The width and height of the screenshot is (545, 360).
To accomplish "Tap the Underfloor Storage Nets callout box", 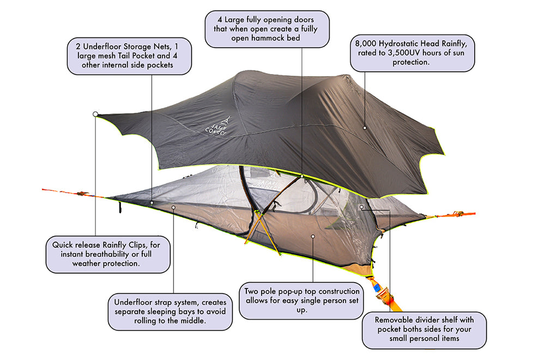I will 130,56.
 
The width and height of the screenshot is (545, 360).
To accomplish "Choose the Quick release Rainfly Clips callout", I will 107,254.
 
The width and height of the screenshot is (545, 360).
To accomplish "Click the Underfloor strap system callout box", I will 170,311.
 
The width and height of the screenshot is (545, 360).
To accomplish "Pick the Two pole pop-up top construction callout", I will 301,300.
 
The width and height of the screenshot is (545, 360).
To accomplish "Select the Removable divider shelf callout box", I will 423,329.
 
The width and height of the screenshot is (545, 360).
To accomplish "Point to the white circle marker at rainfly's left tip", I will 95,114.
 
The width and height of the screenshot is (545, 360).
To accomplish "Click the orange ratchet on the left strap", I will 81,193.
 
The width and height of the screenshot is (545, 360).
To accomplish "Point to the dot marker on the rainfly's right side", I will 364,127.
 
